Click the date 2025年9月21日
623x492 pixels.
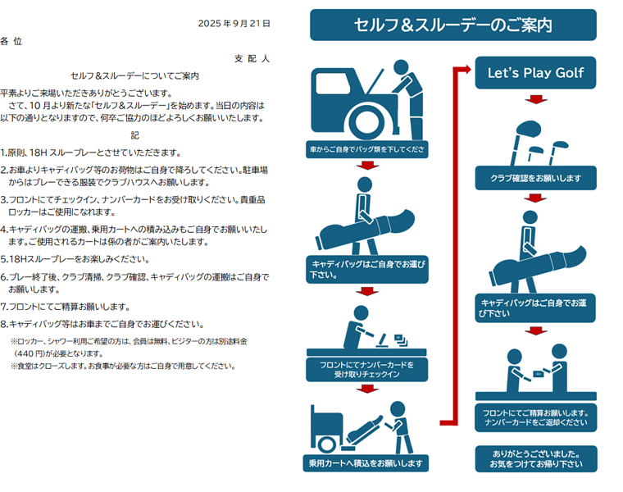click(234, 24)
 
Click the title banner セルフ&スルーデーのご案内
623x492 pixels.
click(452, 25)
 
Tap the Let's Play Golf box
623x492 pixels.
click(535, 73)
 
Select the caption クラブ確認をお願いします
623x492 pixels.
click(535, 179)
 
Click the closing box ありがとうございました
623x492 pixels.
click(536, 459)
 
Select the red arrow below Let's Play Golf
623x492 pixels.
click(535, 99)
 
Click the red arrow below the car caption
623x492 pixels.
click(366, 166)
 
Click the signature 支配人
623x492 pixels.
click(252, 59)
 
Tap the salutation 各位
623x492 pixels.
click(11, 40)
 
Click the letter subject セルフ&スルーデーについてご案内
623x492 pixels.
click(135, 76)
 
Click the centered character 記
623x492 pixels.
click(135, 135)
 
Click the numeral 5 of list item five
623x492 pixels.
click(4, 259)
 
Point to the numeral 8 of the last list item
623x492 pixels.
click(4, 324)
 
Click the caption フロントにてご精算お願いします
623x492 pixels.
click(535, 417)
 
